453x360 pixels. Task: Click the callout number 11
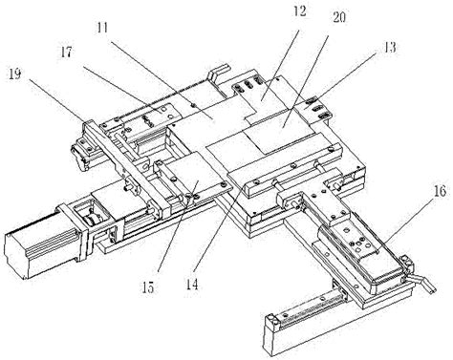point(102,28)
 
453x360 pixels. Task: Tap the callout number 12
point(300,11)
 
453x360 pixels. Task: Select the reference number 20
point(339,17)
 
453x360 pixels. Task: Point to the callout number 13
point(390,48)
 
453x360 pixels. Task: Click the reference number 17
point(67,53)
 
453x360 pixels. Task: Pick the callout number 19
point(15,74)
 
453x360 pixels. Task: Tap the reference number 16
point(440,192)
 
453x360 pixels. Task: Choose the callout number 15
point(148,287)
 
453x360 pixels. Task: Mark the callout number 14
point(192,285)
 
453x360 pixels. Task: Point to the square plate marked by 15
point(194,179)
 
